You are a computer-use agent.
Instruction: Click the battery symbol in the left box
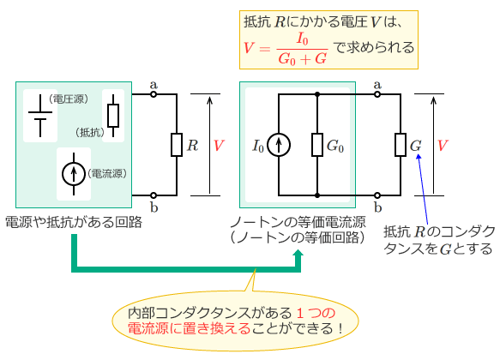point(39,115)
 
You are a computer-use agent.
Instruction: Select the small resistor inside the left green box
point(113,115)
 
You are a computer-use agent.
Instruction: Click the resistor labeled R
point(176,144)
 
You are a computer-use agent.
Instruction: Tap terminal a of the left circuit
point(154,94)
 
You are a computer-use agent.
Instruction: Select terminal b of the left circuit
point(154,195)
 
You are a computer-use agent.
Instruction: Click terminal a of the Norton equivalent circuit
point(378,94)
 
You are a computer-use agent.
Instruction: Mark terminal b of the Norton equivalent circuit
point(378,195)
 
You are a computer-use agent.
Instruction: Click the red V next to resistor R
point(219,146)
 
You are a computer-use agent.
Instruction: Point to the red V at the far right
point(443,146)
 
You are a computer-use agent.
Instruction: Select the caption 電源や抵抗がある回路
point(74,221)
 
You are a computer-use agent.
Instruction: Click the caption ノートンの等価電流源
point(299,221)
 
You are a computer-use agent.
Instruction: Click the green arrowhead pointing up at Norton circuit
point(298,256)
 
